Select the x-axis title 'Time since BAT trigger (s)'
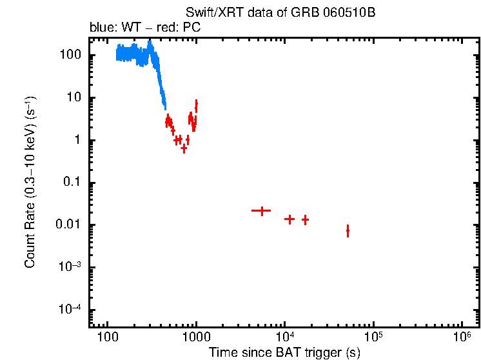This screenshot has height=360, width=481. click(284, 352)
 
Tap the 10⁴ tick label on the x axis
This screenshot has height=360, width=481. click(284, 337)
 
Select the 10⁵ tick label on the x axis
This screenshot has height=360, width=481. click(373, 337)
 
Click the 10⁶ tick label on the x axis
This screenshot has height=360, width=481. click(462, 337)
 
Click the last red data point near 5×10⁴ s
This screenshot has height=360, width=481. click(348, 230)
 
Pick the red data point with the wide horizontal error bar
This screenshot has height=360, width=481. click(262, 211)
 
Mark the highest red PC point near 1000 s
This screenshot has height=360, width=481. click(196, 104)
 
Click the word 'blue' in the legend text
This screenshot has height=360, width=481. click(100, 29)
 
